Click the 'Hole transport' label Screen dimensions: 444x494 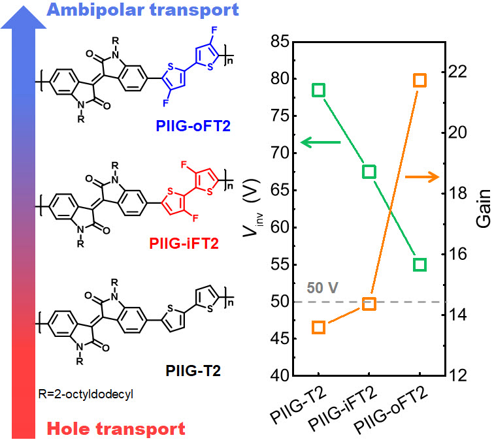tap(116, 429)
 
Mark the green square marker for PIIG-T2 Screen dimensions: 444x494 tap(319, 90)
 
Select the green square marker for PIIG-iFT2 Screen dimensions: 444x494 tap(369, 172)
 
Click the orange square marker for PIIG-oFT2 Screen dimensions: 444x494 tap(420, 80)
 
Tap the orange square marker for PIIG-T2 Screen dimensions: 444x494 tap(319, 327)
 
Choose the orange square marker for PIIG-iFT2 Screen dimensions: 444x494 tap(369, 304)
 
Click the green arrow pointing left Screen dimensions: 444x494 tap(320, 142)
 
